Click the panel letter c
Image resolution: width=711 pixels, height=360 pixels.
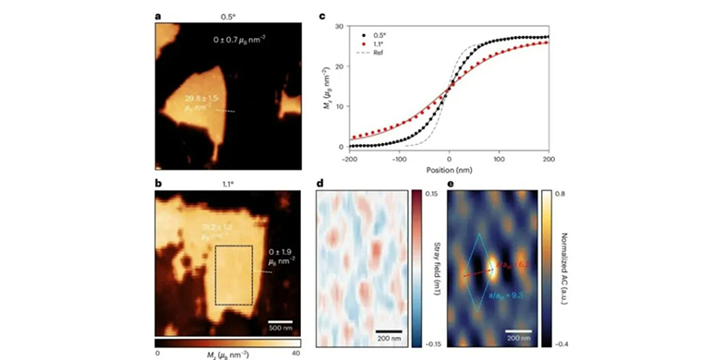coord(321,15)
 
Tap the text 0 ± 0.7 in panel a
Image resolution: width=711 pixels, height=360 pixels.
coord(235,40)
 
